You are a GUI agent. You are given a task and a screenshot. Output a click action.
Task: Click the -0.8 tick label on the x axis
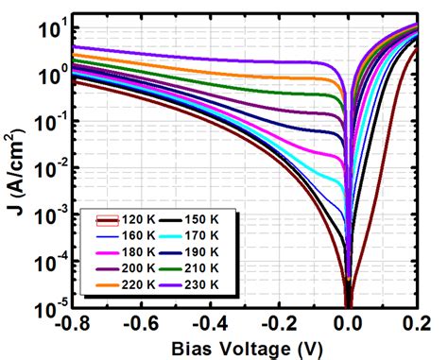[72, 322]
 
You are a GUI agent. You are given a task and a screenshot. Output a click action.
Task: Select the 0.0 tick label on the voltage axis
[349, 322]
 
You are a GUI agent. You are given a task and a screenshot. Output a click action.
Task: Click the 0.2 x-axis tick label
[416, 322]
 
